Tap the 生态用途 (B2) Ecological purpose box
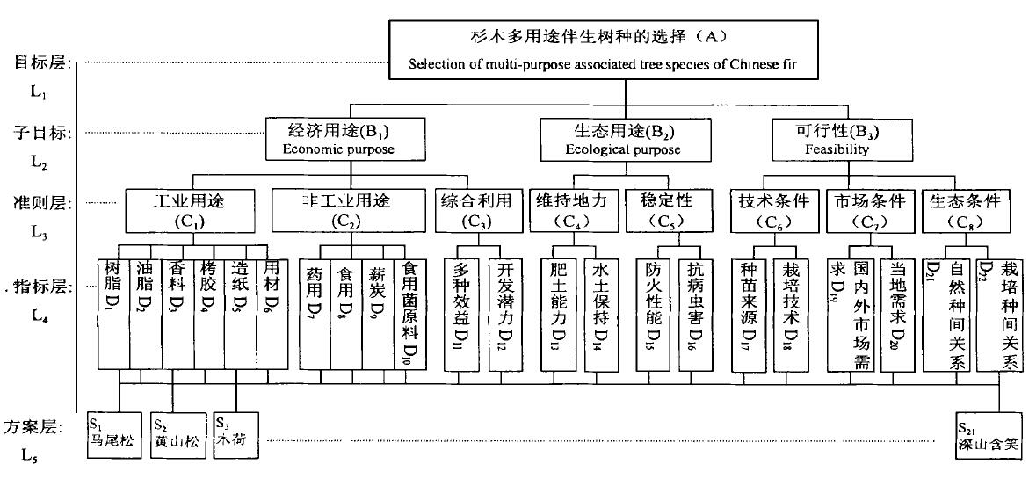point(621,140)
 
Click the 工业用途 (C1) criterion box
point(189,209)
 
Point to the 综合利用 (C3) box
point(476,209)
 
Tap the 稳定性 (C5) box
point(670,209)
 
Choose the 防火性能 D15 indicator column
point(652,312)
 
